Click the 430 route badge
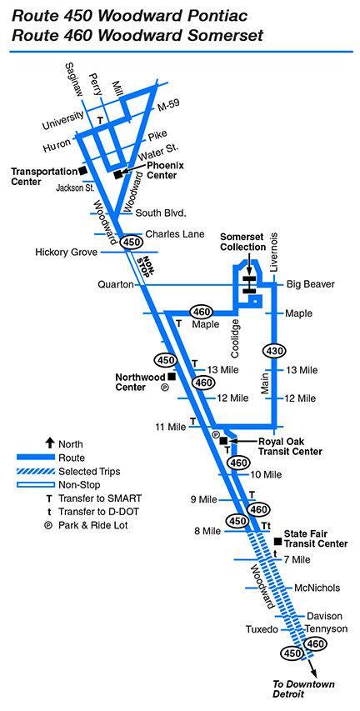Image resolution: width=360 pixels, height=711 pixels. coord(274,351)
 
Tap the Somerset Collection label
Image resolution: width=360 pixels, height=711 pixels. coord(242,242)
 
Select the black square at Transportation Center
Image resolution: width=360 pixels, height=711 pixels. coord(82,171)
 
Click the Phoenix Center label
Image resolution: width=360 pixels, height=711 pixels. coord(162,170)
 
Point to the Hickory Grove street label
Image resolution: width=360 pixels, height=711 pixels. coord(66,252)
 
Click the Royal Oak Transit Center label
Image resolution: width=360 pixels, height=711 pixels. coord(290,446)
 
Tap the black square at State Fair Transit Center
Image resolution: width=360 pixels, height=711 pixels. coord(278,542)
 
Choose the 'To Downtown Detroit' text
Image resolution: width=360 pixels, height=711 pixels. coord(303,688)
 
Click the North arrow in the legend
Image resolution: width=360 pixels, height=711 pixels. coord(49,444)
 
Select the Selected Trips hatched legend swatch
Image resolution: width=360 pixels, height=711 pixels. coord(35,471)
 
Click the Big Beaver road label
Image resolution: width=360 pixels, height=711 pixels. coord(311,285)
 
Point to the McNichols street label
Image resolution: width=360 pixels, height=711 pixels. coord(317,588)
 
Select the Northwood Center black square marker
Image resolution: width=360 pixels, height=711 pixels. coord(172,376)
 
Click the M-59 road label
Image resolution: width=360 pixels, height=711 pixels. coord(168,105)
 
